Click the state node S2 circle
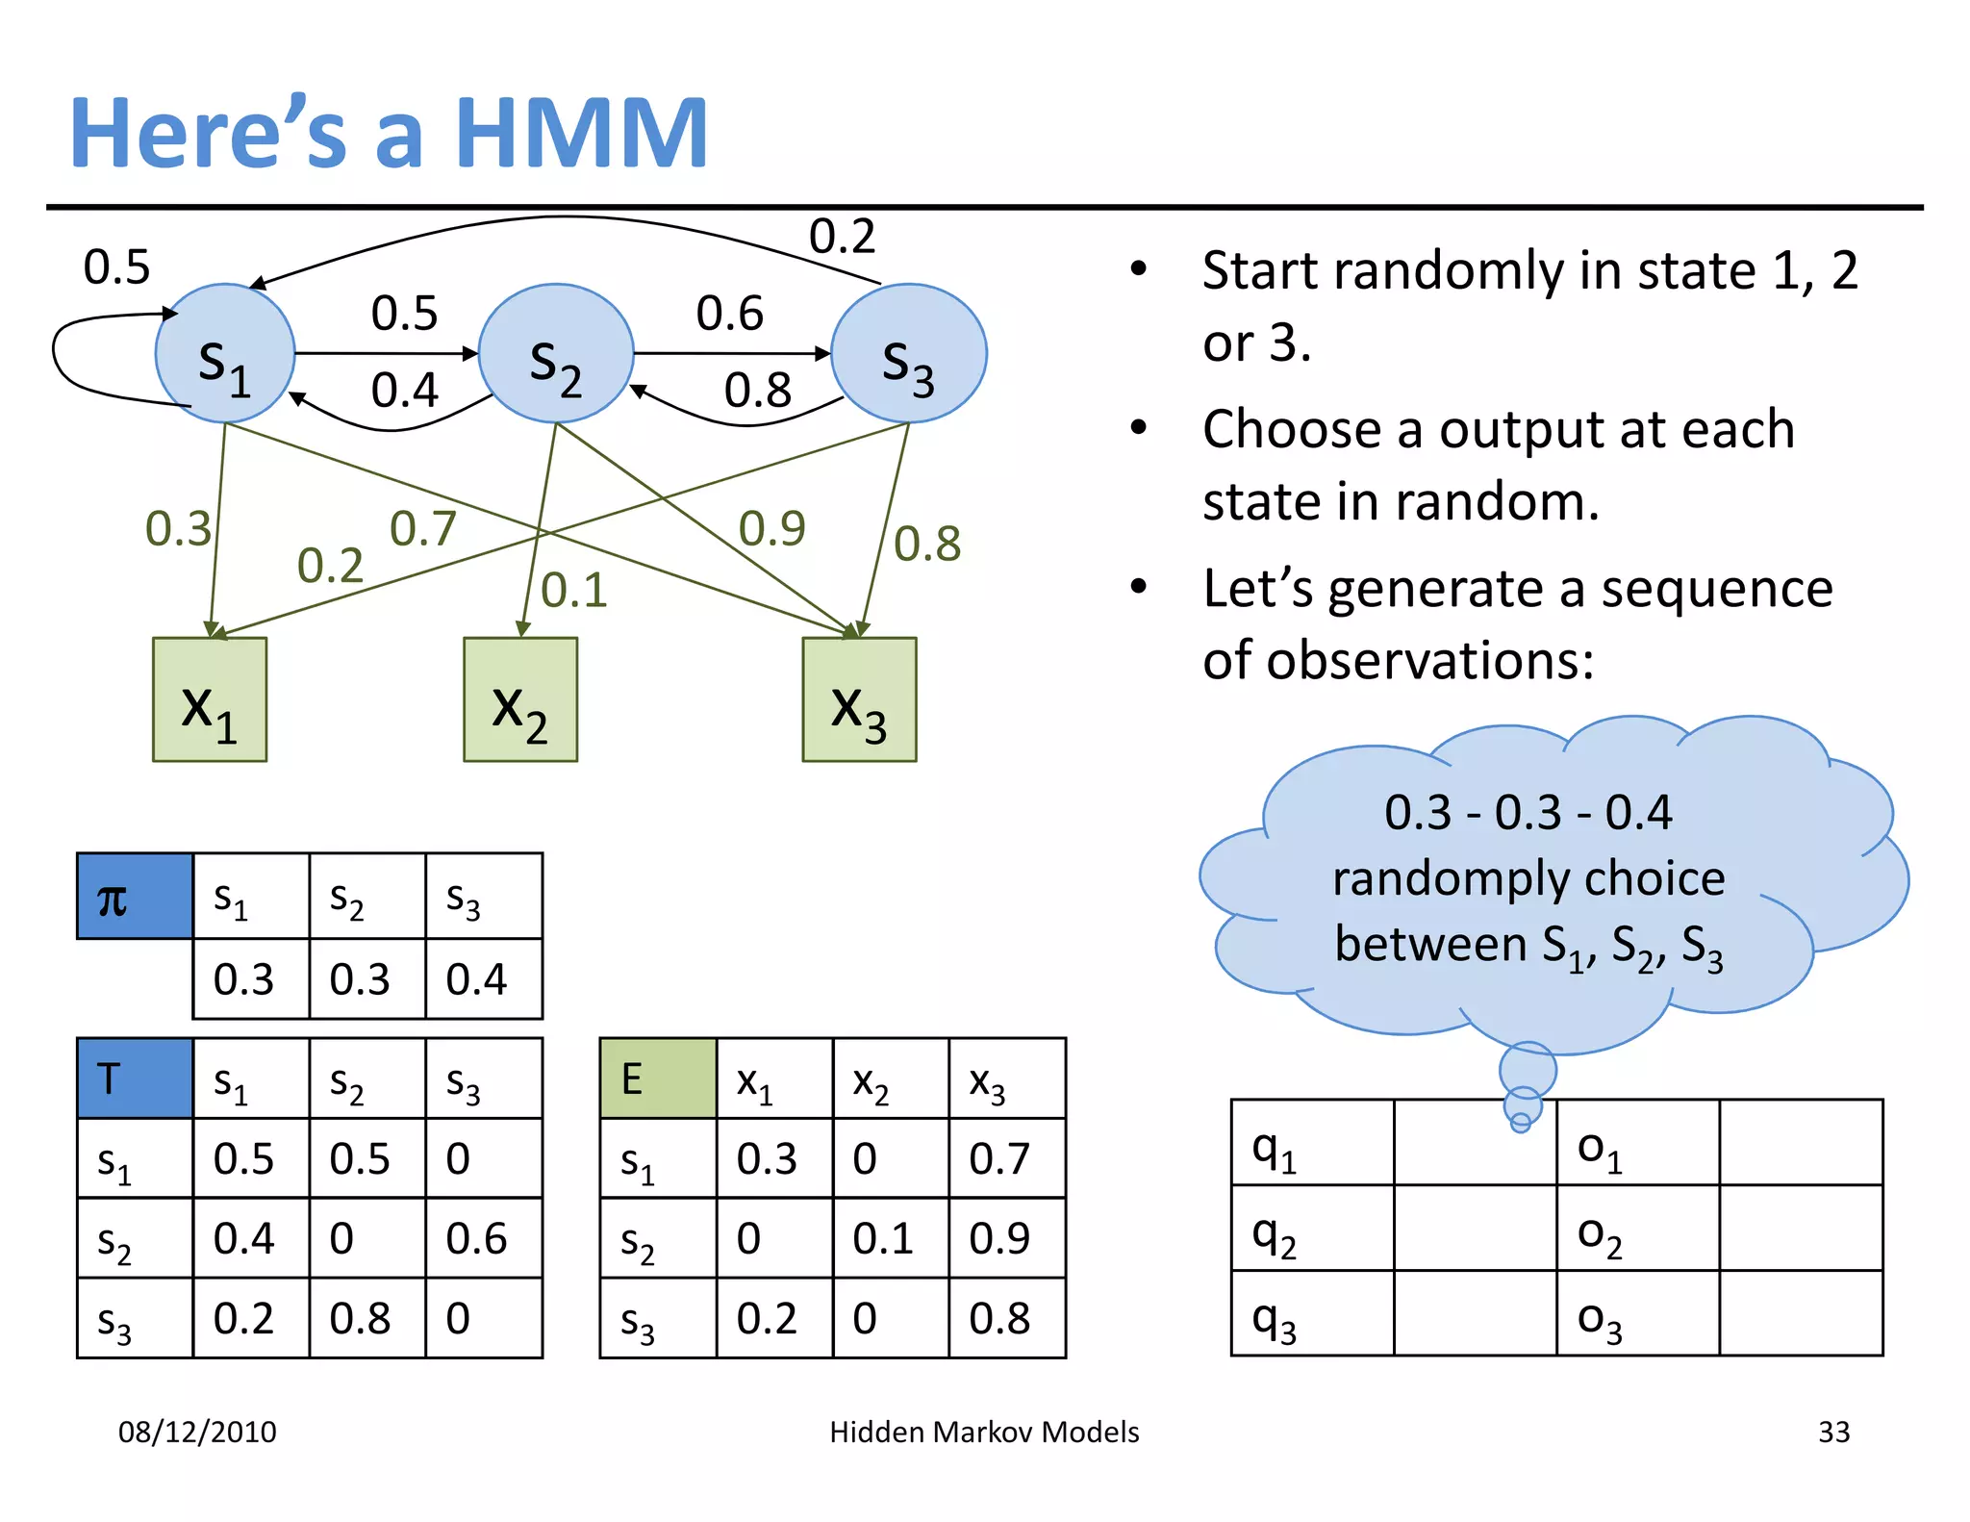point(556,353)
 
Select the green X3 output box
point(859,699)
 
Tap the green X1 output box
point(210,699)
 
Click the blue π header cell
point(135,896)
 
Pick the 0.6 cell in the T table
point(483,1238)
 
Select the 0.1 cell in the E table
point(890,1238)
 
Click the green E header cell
point(658,1078)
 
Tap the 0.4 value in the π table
point(483,979)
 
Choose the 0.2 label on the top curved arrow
point(842,236)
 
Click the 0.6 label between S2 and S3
point(729,314)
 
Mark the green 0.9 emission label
point(771,528)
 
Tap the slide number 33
point(1833,1432)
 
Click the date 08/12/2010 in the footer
point(197,1432)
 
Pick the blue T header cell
point(135,1078)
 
